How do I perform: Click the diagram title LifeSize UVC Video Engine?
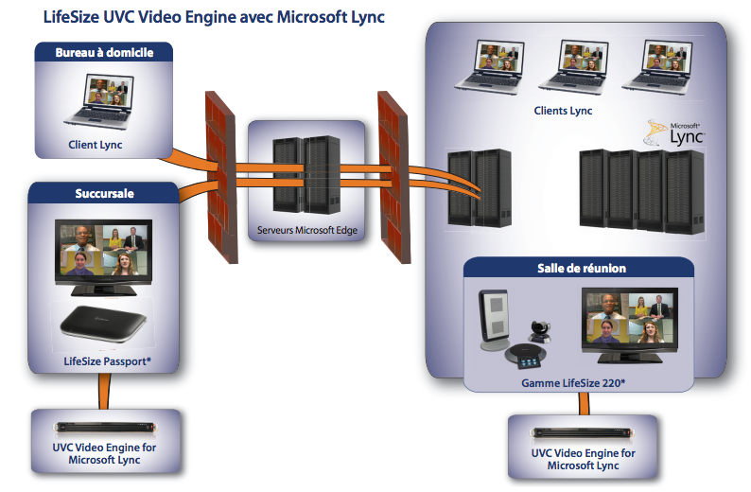coord(214,17)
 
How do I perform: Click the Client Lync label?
coord(96,145)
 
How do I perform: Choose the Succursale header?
coord(104,193)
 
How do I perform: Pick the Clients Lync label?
coord(563,111)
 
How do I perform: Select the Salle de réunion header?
coord(582,268)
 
